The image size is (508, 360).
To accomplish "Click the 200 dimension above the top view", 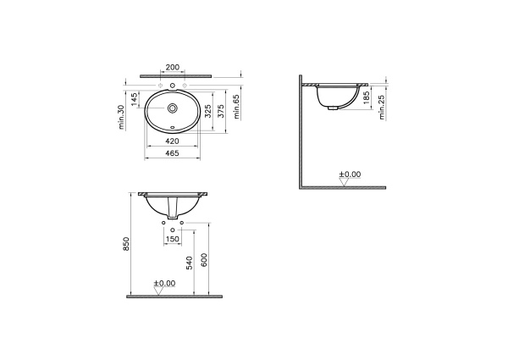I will pyautogui.click(x=173, y=66).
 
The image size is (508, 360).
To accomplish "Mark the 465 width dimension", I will pyautogui.click(x=172, y=154).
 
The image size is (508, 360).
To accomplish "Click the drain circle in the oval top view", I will pyautogui.click(x=173, y=108).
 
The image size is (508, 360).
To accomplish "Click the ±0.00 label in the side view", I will pyautogui.click(x=350, y=174).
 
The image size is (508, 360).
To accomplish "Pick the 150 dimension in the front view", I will pyautogui.click(x=172, y=239).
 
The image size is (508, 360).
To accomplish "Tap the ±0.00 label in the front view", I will pyautogui.click(x=164, y=283).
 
